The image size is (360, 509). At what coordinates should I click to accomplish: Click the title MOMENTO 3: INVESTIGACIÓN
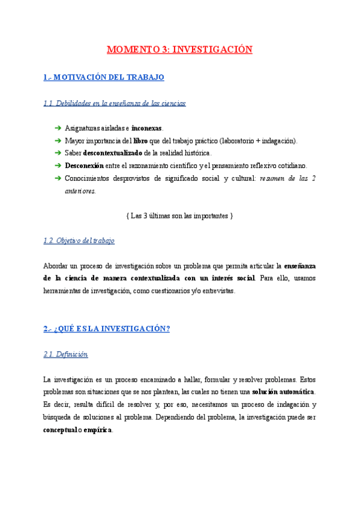coord(179,50)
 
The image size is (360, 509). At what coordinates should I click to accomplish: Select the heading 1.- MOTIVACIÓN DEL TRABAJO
coord(104,78)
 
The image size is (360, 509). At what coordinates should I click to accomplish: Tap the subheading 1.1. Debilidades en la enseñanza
coord(115,103)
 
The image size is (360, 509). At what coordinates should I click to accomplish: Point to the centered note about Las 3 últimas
coord(180,215)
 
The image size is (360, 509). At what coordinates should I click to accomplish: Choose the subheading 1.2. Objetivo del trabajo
coord(79,241)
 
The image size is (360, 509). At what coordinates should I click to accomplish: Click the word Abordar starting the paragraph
coord(56,266)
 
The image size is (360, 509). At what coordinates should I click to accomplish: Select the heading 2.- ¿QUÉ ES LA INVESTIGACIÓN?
coord(107,329)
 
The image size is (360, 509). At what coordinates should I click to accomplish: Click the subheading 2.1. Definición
coord(66,354)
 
